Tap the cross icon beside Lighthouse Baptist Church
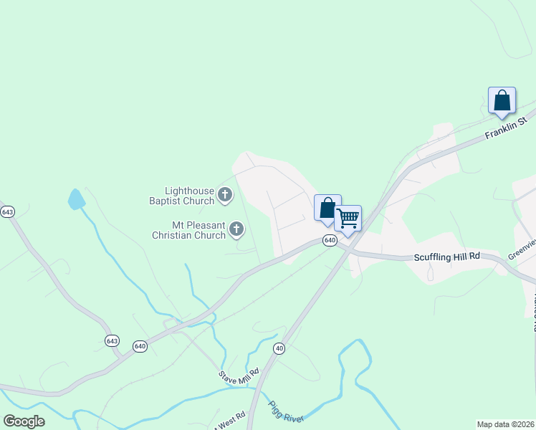click(x=225, y=194)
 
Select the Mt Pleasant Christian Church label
click(x=188, y=230)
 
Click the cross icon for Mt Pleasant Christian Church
click(x=236, y=229)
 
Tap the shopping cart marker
click(x=348, y=218)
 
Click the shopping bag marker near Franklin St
click(x=502, y=100)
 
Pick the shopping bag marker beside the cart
click(x=327, y=208)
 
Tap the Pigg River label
click(x=287, y=413)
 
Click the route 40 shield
click(x=279, y=348)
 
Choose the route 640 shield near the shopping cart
click(x=330, y=240)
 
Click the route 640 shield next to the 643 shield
click(x=140, y=346)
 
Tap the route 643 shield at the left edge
click(x=7, y=212)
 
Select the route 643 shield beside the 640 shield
click(x=111, y=340)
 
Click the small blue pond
click(x=76, y=199)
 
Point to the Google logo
click(x=24, y=421)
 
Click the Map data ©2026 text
click(x=505, y=424)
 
